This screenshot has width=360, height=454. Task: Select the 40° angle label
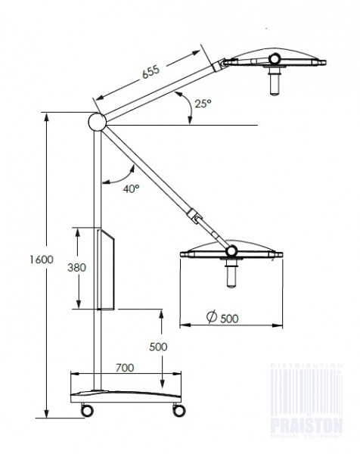[131, 188]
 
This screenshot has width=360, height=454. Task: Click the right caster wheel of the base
[179, 409]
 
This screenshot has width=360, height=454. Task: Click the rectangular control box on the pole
[105, 269]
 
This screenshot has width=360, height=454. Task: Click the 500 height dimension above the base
[157, 347]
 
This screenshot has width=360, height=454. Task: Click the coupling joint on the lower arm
[198, 220]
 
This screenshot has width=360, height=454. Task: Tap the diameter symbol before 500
[208, 318]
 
